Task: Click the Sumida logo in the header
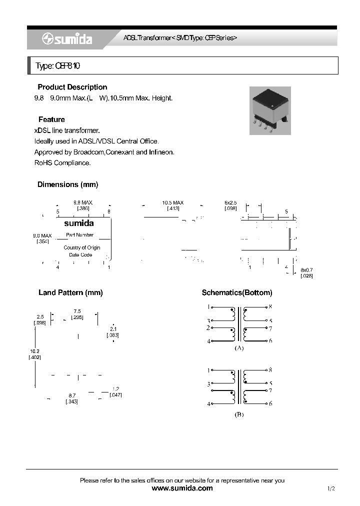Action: coord(67,39)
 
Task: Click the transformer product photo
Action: coord(269,110)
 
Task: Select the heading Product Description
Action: coord(72,87)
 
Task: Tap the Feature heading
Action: coord(51,119)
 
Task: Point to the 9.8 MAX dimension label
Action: coord(83,202)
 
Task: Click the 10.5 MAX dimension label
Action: coord(173,202)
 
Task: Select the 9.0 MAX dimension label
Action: coord(42,235)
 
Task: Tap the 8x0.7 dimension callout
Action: coord(306,270)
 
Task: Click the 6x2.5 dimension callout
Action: coord(230,202)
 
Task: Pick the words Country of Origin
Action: coord(82,247)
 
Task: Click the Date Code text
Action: coord(80,255)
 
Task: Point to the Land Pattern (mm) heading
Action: coord(70,292)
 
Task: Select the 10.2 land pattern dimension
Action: coord(34,351)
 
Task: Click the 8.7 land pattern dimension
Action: coord(72,395)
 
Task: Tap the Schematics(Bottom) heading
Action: coord(237,292)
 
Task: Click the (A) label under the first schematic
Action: coord(239,348)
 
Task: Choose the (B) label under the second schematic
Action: coord(239,414)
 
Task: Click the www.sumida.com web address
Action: coord(182,488)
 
